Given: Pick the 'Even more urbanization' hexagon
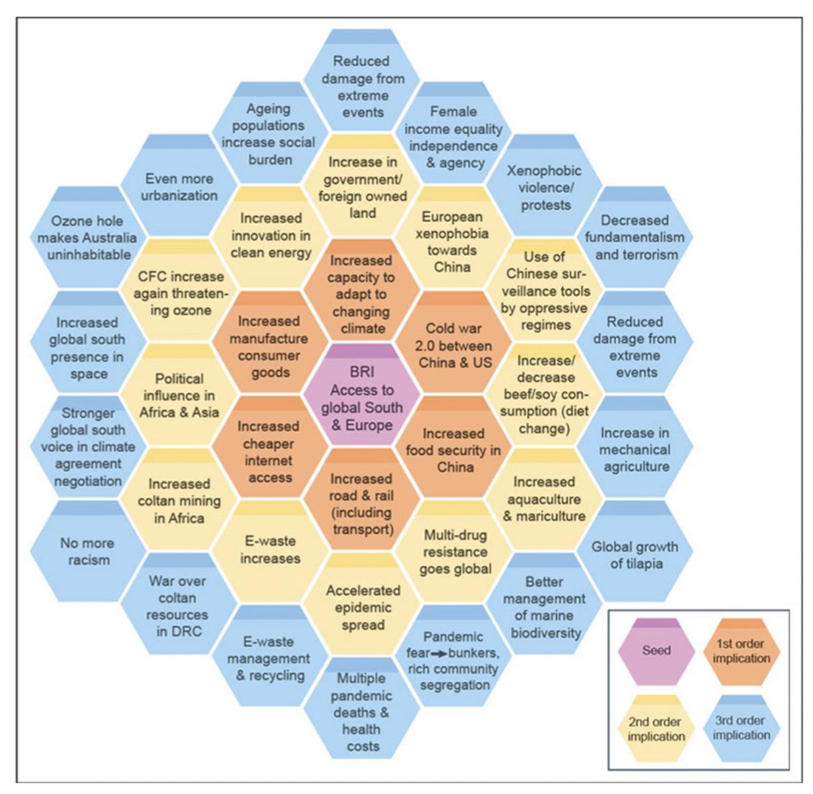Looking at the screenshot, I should (x=179, y=187).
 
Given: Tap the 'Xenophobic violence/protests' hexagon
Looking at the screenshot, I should (x=545, y=187).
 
